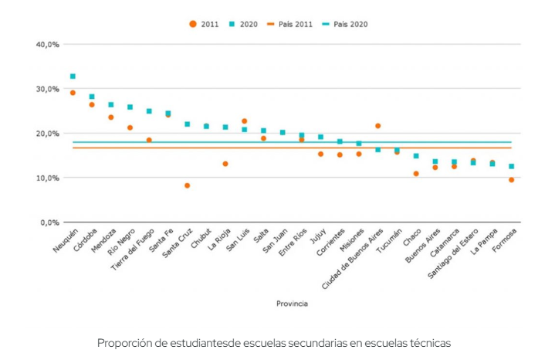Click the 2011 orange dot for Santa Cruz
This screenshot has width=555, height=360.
tap(187, 185)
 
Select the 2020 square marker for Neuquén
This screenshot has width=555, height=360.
tap(73, 76)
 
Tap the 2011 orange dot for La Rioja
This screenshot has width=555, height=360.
tap(225, 164)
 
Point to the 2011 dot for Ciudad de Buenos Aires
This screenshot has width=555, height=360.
tap(378, 125)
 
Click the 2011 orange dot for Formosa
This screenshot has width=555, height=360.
tap(511, 180)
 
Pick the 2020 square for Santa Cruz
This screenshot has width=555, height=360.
tap(187, 124)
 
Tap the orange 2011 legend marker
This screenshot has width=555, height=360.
tap(192, 24)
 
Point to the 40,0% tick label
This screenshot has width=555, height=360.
tap(48, 45)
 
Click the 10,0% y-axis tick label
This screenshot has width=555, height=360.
tap(48, 178)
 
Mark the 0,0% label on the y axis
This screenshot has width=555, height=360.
tap(50, 222)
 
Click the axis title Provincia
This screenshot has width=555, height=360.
tap(292, 304)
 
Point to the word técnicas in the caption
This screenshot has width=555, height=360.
tap(430, 342)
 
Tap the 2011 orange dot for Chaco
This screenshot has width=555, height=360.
tap(416, 174)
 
